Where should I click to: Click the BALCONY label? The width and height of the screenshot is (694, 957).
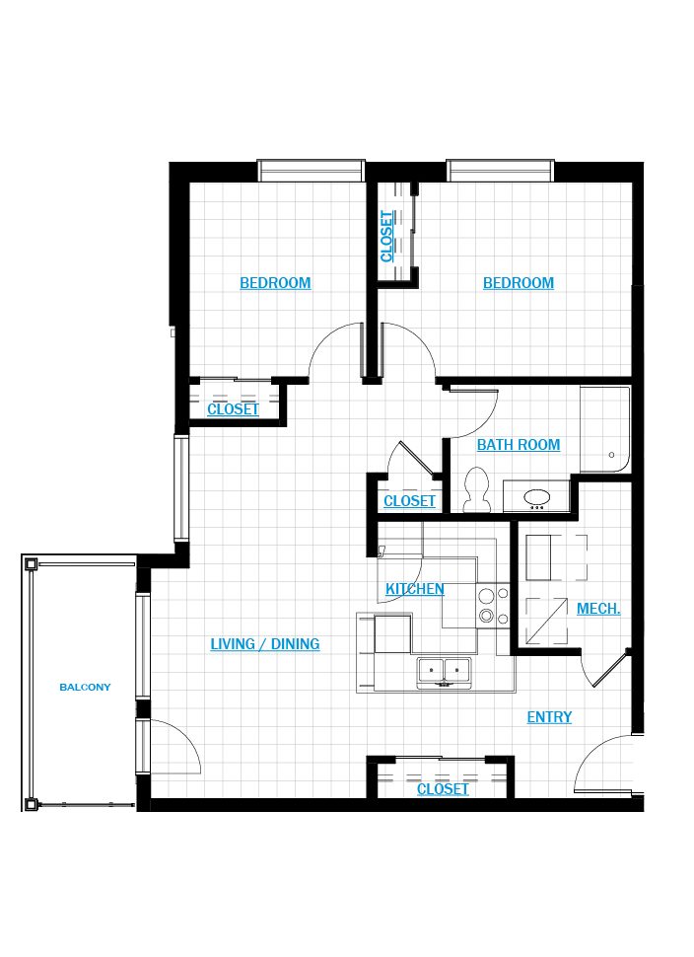click(85, 687)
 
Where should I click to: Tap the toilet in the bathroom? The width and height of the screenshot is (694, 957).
click(476, 489)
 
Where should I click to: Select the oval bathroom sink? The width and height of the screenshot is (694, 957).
click(536, 498)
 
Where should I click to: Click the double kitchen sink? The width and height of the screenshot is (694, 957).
click(444, 673)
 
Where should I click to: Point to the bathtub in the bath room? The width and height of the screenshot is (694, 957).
click(604, 429)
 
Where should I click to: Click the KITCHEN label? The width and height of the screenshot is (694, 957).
click(415, 589)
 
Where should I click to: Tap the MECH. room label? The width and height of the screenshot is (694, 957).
click(598, 609)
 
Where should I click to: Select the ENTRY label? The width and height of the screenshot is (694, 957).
click(549, 717)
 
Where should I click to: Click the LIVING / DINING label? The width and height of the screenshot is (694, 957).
click(264, 644)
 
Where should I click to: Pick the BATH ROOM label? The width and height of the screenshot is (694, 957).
click(519, 445)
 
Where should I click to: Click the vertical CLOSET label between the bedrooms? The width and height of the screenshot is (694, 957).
click(386, 236)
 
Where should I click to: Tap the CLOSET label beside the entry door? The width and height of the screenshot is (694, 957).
click(443, 789)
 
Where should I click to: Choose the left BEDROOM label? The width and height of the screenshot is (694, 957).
click(275, 283)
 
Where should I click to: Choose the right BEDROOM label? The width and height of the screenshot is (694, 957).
click(519, 283)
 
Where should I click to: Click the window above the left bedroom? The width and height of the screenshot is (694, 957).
click(312, 171)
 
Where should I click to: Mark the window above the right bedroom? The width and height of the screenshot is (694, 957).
click(500, 171)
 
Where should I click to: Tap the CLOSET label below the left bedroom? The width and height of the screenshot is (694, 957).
click(233, 408)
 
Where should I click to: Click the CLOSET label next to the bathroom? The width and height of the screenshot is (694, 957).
click(409, 501)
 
